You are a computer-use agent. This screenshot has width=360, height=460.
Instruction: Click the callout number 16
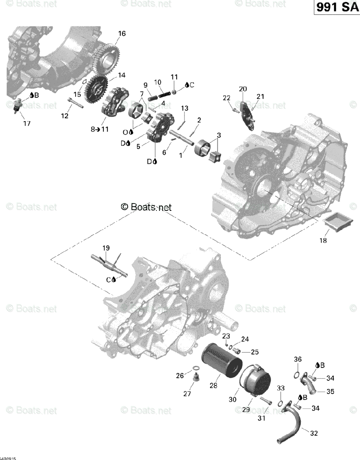[122, 34]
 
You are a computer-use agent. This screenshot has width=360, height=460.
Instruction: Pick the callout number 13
[185, 108]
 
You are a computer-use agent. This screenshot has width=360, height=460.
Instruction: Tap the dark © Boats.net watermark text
[146, 207]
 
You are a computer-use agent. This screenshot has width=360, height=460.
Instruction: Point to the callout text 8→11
[100, 129]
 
